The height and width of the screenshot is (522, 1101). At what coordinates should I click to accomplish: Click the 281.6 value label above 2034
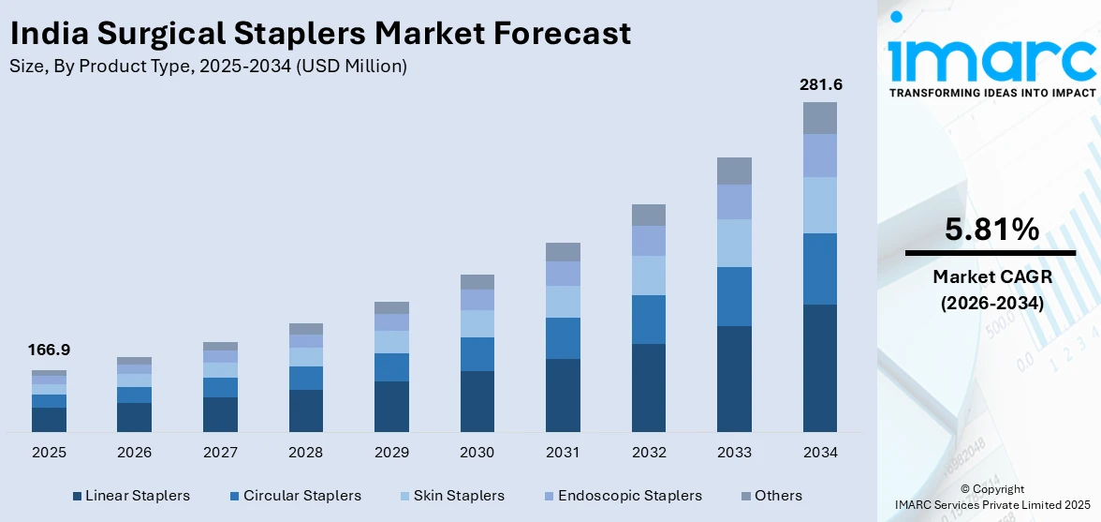coord(820,85)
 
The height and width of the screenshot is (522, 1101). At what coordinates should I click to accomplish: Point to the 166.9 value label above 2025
coord(49,350)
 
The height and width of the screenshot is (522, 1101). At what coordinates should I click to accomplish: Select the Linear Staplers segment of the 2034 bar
coord(820,367)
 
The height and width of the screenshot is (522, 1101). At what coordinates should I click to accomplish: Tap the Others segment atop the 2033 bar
coord(734,171)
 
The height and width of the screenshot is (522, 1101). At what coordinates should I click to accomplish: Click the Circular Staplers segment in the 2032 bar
coord(649,320)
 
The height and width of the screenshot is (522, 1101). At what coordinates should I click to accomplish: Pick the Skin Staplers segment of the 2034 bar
coord(820,205)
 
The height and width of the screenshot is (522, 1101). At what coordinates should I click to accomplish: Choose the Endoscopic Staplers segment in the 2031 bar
coord(563,274)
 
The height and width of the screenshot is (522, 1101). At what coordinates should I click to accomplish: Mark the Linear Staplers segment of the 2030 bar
coord(477,401)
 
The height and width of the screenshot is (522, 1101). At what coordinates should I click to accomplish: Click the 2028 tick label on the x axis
coord(306,453)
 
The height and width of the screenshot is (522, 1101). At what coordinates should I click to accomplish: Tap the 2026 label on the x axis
coord(135,453)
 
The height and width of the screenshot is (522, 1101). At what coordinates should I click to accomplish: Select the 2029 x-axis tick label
coord(391,453)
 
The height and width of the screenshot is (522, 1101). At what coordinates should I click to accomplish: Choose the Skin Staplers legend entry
coord(453,496)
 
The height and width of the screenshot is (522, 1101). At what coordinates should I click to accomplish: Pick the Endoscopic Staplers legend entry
coord(622,496)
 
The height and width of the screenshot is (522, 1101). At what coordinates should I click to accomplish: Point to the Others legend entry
coord(771,496)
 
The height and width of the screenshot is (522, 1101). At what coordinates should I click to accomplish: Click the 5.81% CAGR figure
coord(991,230)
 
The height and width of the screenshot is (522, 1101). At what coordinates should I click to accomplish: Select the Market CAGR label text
coord(991,276)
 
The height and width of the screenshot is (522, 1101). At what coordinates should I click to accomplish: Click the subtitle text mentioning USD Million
coord(208,67)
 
